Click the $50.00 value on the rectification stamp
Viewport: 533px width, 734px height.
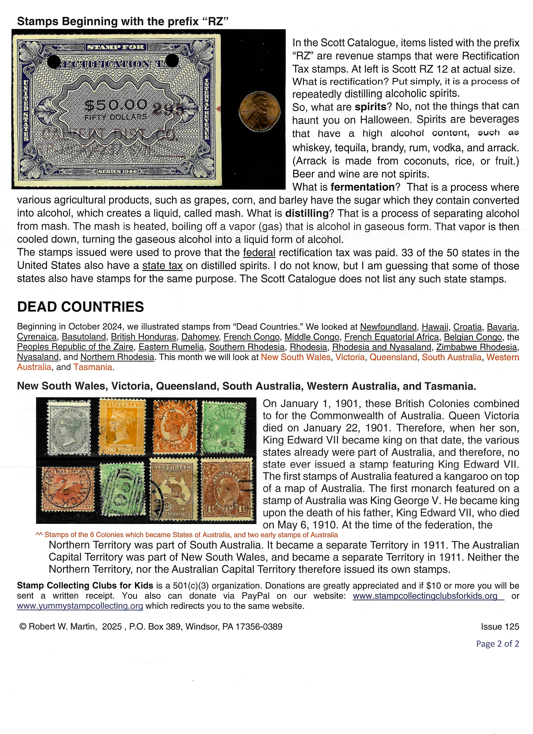click(116, 105)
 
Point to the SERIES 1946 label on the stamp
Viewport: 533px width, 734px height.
click(118, 171)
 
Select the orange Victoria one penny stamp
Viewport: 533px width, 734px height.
click(122, 426)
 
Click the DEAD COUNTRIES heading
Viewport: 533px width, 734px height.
click(80, 307)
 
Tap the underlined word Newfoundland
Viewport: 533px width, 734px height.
click(388, 327)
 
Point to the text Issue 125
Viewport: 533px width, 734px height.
click(500, 627)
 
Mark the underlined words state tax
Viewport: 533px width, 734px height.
click(162, 266)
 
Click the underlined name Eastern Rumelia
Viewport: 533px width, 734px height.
click(171, 347)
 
